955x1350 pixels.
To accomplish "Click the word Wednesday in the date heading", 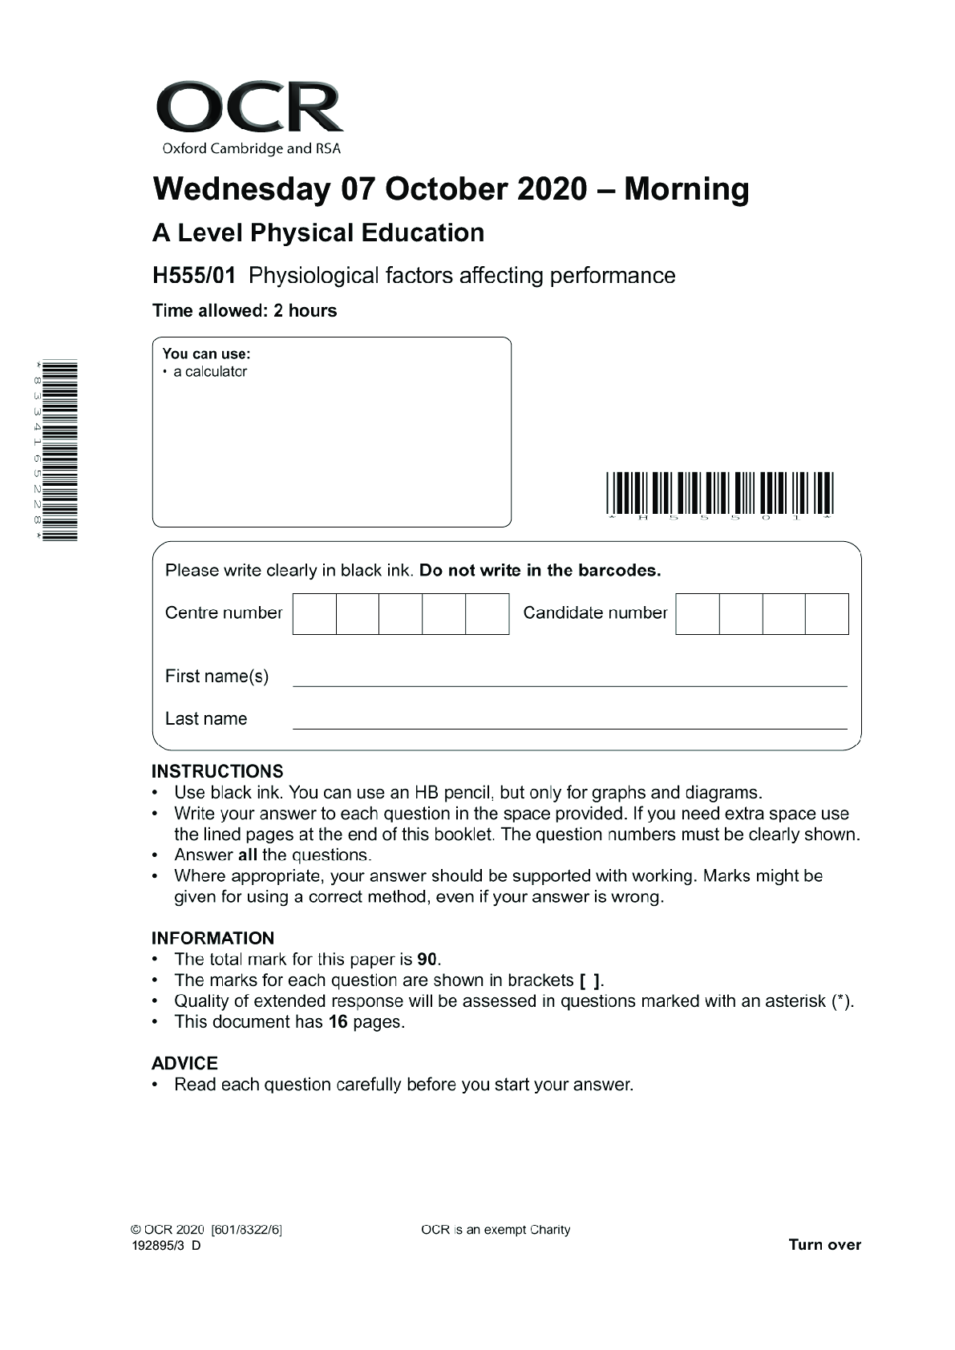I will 241,189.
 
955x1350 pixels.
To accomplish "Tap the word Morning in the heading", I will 686,189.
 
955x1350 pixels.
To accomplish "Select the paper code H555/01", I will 194,276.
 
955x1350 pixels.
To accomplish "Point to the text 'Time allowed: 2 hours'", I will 245,311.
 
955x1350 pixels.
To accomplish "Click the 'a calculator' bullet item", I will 209,372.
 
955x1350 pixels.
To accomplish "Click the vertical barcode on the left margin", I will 60,451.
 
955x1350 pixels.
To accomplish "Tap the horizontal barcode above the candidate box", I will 720,493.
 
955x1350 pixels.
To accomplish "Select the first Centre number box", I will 314,614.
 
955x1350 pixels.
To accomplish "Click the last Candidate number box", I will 827,614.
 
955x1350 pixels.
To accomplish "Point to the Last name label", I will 206,719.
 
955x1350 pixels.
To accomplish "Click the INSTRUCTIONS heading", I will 217,771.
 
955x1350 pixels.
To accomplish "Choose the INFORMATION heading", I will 212,938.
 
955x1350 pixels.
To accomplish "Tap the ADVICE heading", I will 184,1063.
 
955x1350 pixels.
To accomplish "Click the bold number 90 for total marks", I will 427,960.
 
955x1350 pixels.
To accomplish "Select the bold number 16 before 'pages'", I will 338,1022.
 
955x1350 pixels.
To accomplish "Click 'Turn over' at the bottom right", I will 824,1245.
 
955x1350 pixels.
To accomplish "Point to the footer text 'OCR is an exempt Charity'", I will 496,1230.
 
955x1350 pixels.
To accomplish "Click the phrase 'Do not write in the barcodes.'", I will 540,571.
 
